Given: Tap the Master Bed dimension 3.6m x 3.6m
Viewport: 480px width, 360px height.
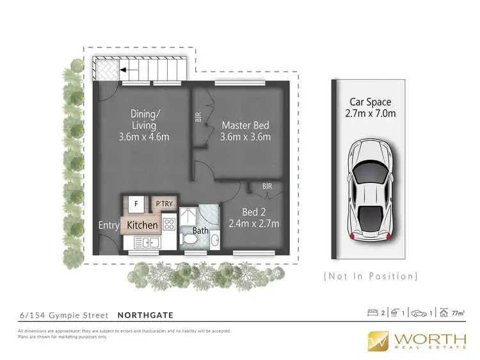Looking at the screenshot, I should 246,137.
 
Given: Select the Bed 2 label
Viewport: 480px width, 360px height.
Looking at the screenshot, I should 253,211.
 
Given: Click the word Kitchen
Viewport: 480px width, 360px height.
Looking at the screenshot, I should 142,225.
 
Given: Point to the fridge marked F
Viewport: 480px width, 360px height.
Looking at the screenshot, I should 136,205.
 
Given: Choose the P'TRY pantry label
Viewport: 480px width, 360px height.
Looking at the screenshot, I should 164,205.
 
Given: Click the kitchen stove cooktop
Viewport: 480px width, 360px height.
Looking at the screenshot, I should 170,224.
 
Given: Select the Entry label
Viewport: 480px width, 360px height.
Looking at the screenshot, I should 108,225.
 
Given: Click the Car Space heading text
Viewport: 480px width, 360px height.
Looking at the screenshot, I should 370,102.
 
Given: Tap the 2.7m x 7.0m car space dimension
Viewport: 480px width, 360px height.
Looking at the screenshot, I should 370,114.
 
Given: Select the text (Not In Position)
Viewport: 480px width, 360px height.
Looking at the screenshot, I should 371,276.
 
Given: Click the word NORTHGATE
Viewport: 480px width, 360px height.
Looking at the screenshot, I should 145,315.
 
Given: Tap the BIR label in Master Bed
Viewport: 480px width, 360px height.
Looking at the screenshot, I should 198,118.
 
